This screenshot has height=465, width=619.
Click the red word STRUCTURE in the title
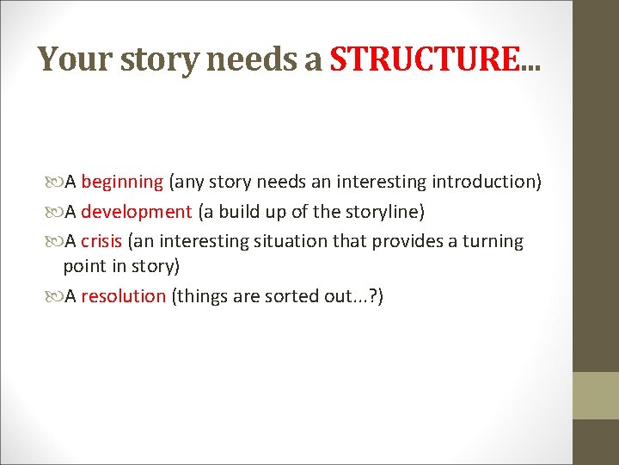426,59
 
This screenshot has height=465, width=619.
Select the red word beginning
122,182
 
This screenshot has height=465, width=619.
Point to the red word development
137,212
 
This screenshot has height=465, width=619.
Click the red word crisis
101,241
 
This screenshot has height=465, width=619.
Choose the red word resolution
123,296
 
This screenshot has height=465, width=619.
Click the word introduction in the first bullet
486,182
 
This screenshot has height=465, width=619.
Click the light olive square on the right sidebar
596,395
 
